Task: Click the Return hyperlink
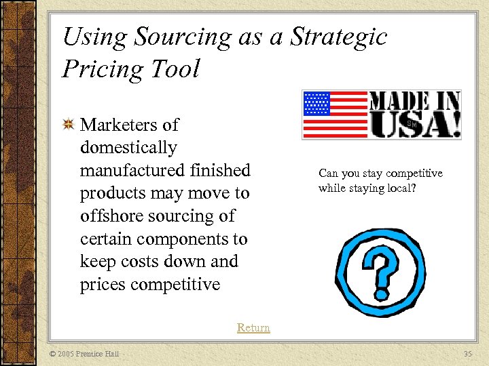[253, 327]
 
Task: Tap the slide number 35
[467, 354]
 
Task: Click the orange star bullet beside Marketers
[68, 125]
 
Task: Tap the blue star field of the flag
[316, 104]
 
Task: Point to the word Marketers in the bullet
[129, 125]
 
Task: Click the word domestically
[128, 148]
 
